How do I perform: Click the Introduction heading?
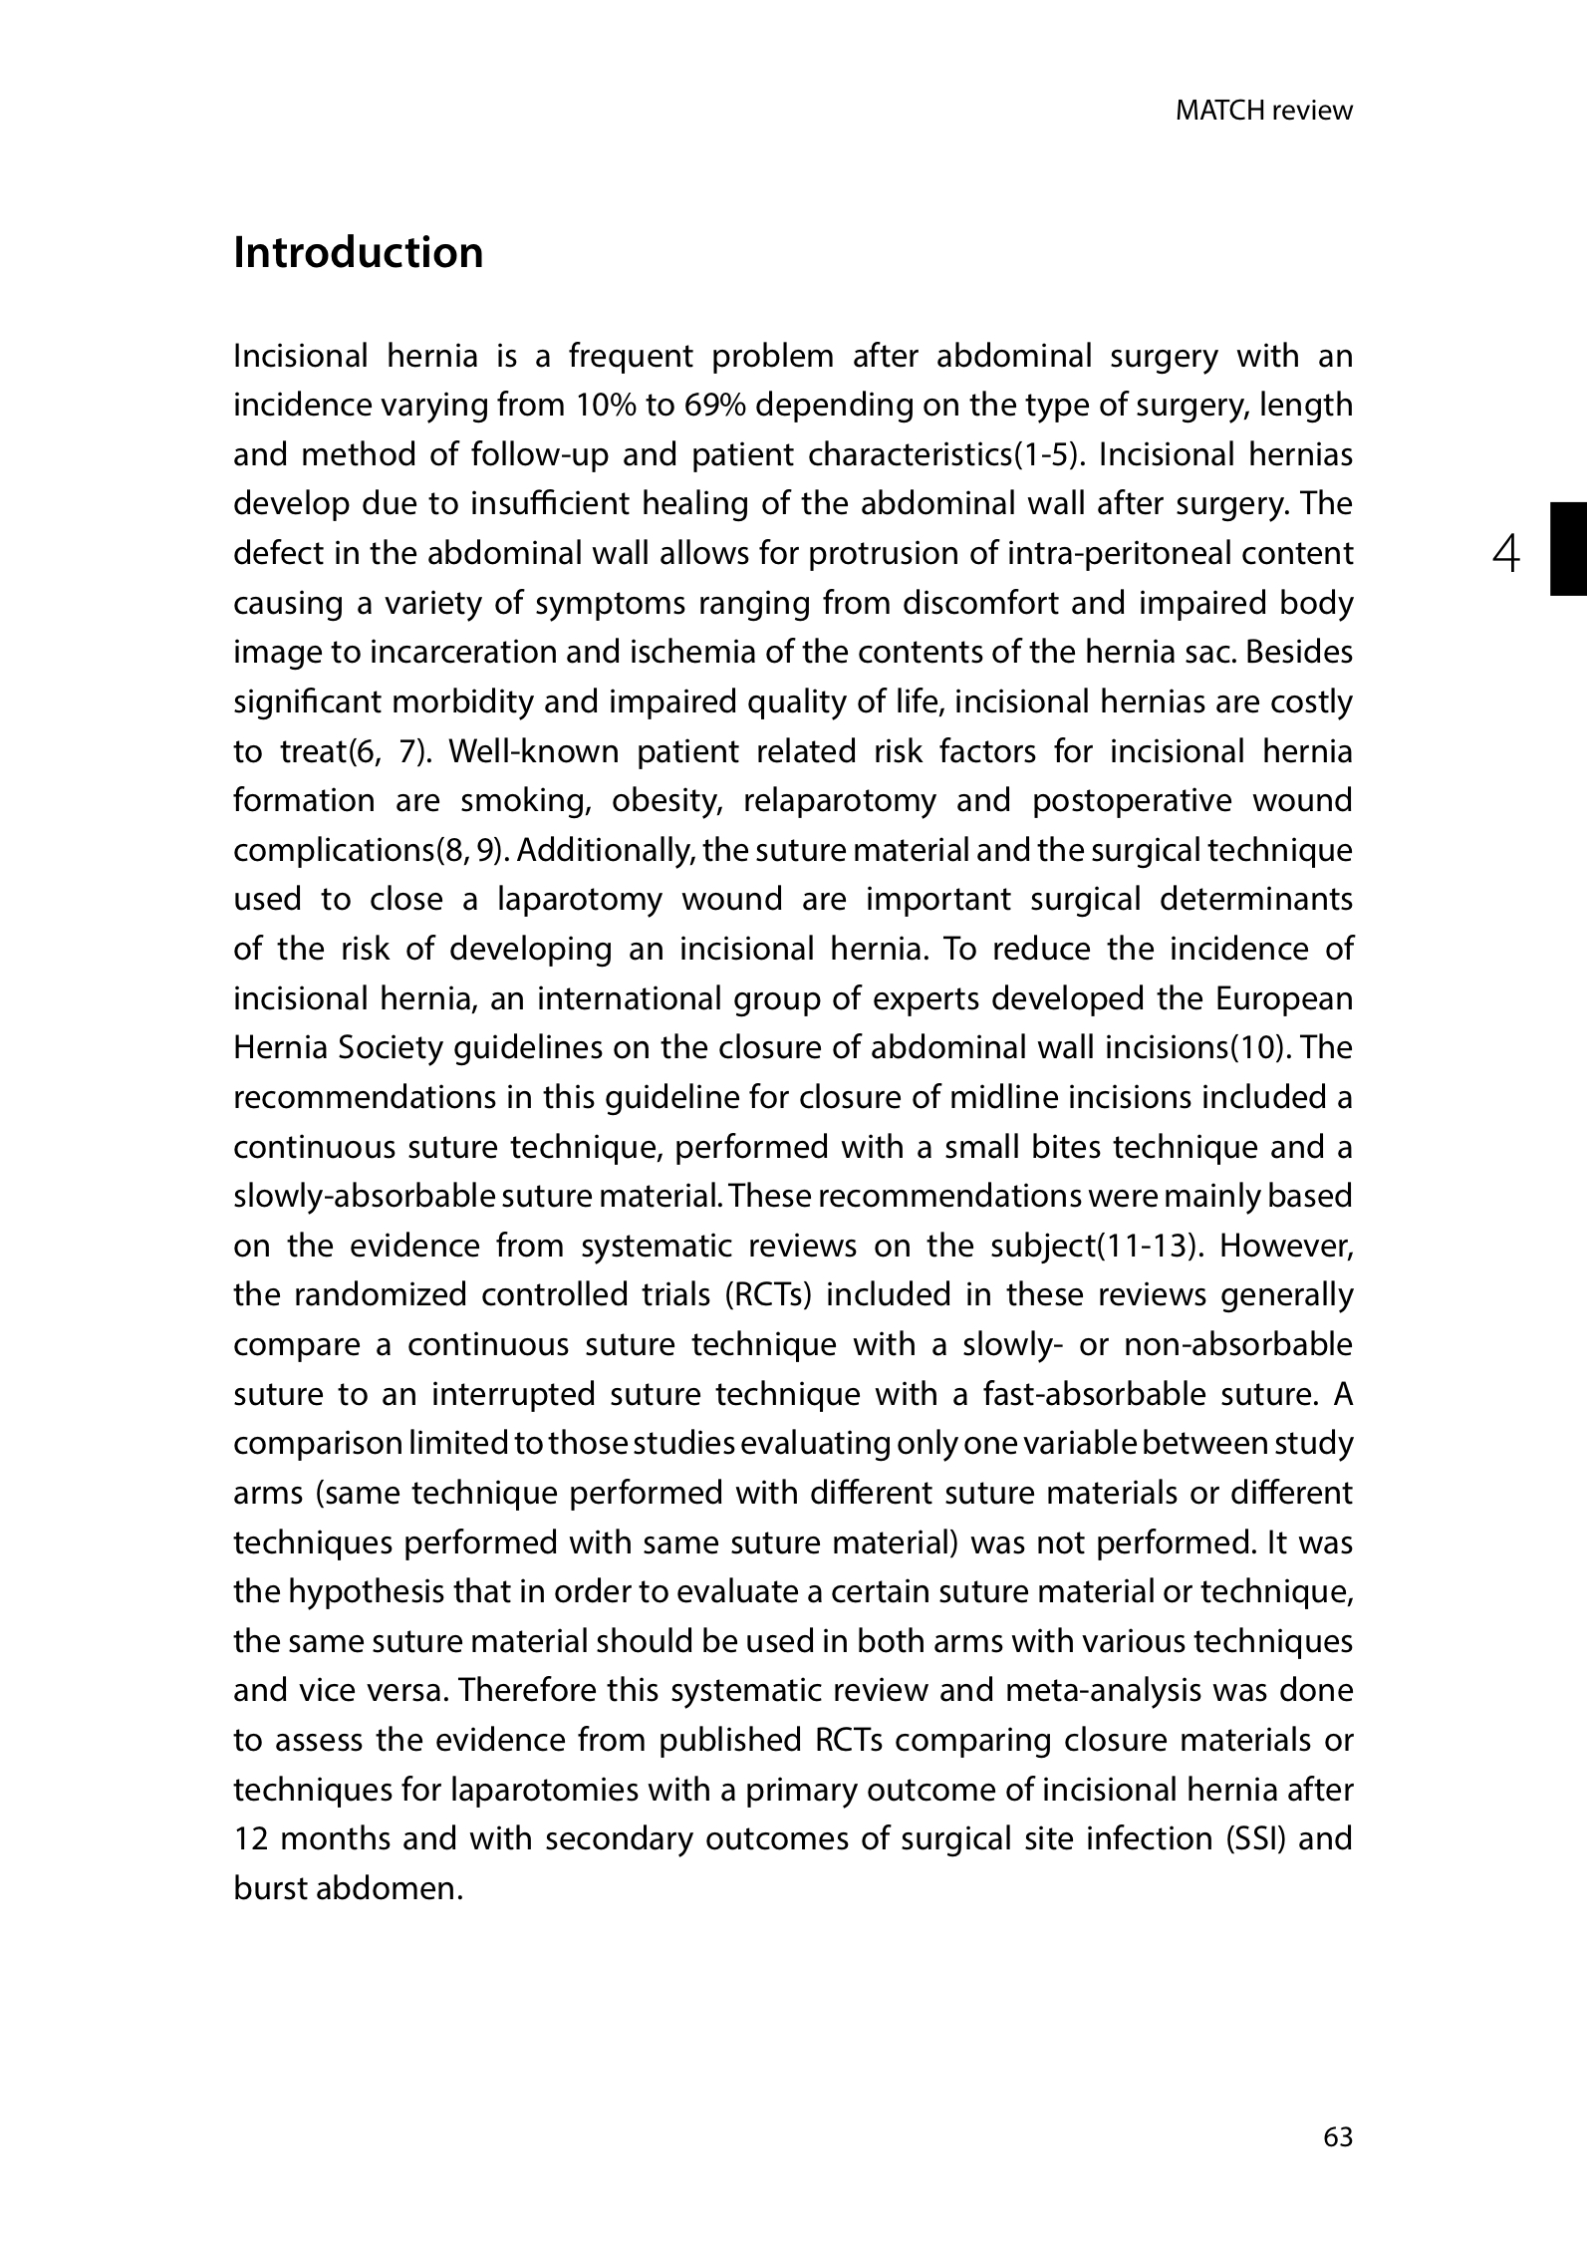click(x=358, y=253)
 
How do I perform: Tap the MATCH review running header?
click(x=1263, y=111)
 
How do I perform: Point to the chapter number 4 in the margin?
click(x=1507, y=553)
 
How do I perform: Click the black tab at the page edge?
click(x=1567, y=549)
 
